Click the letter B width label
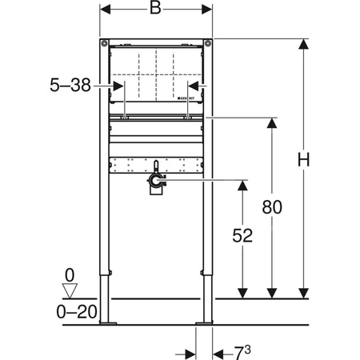coord(157,11)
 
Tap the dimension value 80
coord(273,208)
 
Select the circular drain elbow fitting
coord(156,186)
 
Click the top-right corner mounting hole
coord(208,43)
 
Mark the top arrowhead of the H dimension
coord(302,45)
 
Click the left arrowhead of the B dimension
coord(106,12)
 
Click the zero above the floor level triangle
coord(70,272)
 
